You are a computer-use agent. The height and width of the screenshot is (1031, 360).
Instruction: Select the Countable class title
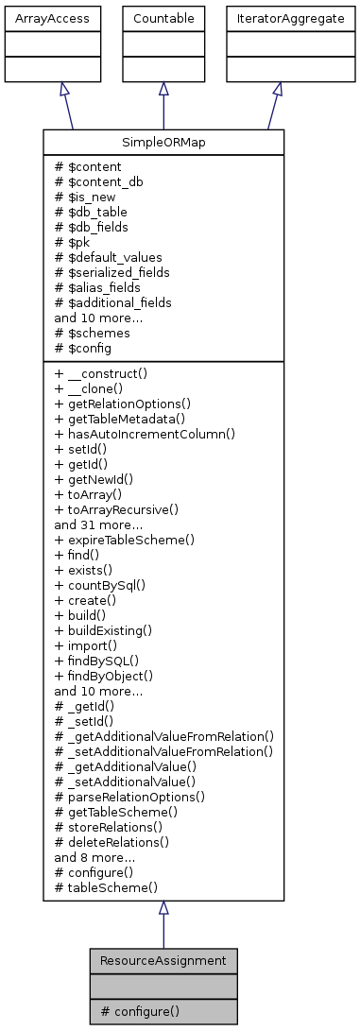163,19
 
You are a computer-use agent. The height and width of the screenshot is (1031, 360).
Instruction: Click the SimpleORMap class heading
163,143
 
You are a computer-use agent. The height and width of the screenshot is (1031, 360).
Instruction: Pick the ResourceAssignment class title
163,960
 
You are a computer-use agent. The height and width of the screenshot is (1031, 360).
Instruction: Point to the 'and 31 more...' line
97,524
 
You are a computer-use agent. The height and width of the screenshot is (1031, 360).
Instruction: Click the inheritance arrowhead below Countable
163,89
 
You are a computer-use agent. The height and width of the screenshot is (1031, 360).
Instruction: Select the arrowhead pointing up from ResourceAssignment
163,909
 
